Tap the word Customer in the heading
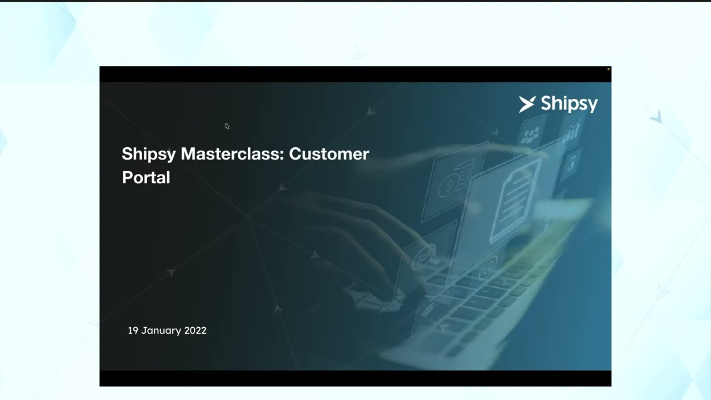click(329, 154)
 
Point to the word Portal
click(146, 178)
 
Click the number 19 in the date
click(133, 331)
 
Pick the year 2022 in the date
click(195, 331)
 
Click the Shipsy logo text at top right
click(569, 104)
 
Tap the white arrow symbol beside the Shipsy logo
click(527, 104)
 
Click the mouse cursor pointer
click(227, 126)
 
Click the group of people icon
click(531, 133)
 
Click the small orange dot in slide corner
click(608, 69)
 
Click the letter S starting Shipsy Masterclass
click(127, 154)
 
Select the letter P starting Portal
click(127, 178)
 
